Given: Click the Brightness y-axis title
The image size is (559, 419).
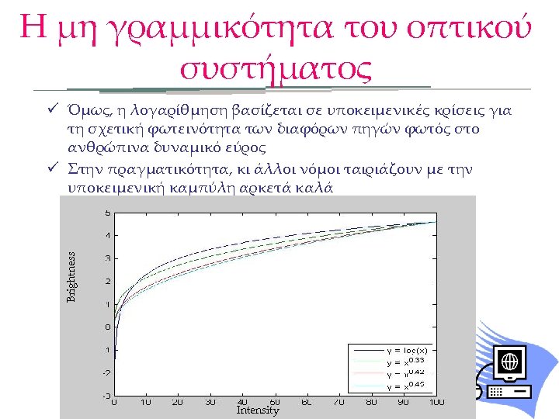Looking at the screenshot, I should pyautogui.click(x=71, y=276).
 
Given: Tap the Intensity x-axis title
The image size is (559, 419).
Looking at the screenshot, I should pyautogui.click(x=257, y=410).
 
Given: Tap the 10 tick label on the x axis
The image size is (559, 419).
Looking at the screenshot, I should pyautogui.click(x=145, y=402).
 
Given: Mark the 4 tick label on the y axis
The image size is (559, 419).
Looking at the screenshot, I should pyautogui.click(x=107, y=235).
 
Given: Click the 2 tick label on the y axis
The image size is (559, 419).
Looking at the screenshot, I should pyautogui.click(x=107, y=281).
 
